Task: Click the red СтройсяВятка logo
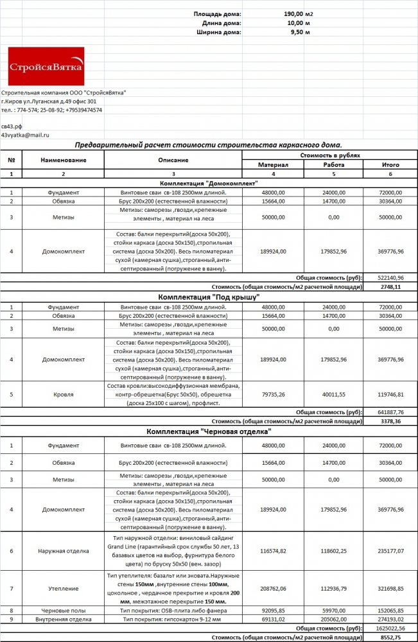[46, 67]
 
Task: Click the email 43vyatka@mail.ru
[25, 135]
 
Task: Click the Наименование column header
[63, 159]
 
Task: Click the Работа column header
[334, 164]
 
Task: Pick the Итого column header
[390, 164]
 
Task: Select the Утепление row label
[63, 587]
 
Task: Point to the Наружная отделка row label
[63, 550]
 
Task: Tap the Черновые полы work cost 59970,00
[334, 611]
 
